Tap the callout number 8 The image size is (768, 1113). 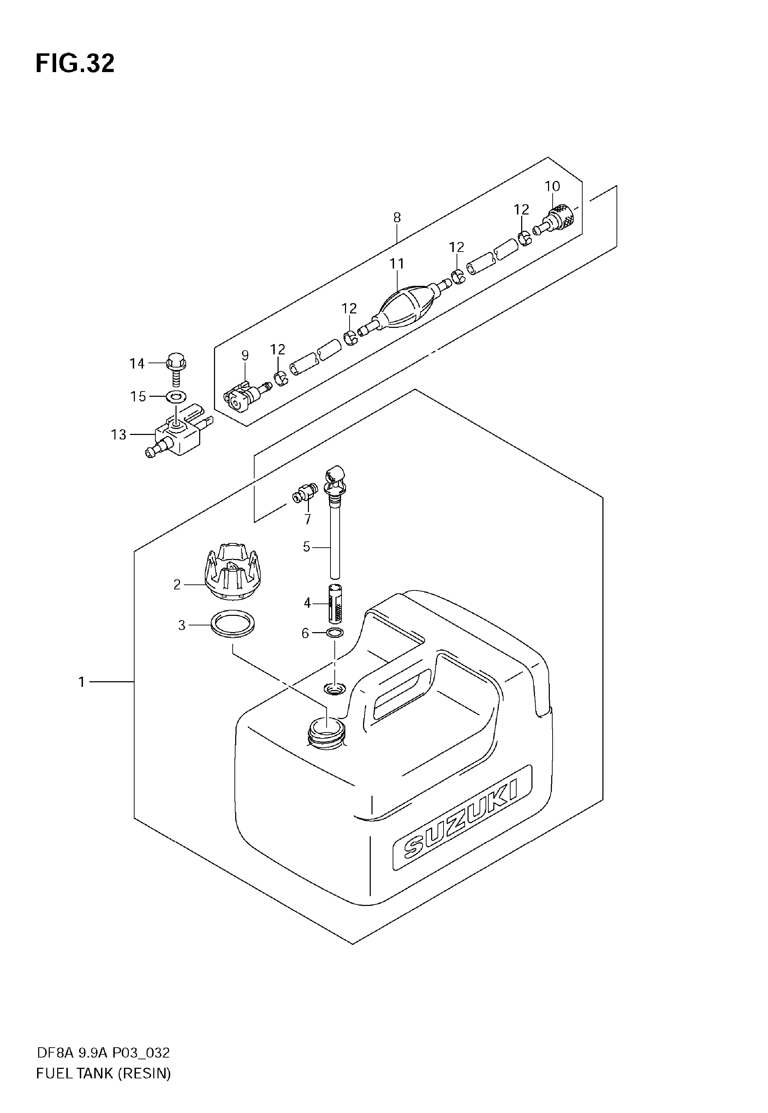click(397, 218)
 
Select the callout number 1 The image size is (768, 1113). click(82, 682)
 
